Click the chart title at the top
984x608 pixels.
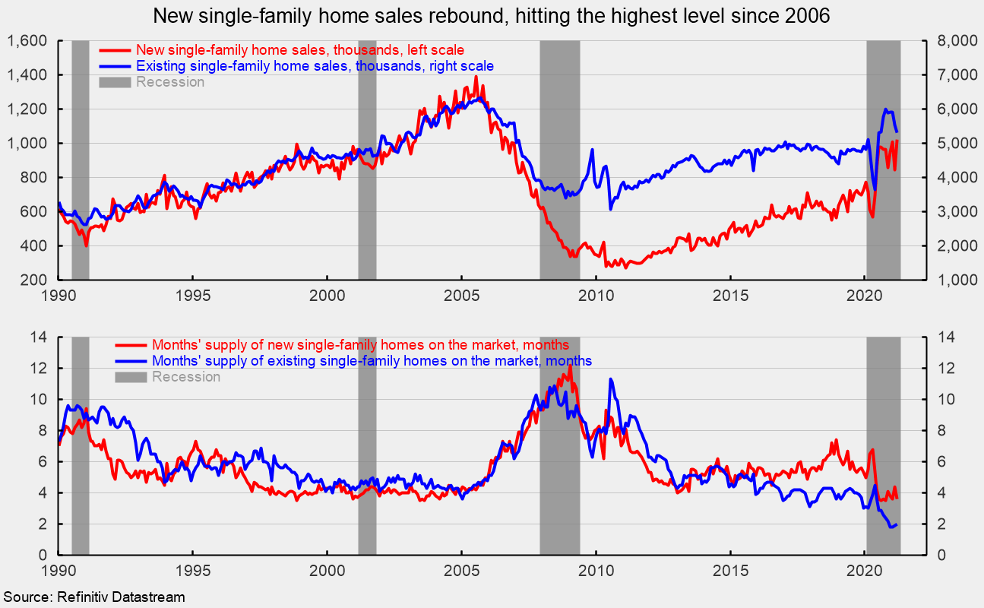coord(492,14)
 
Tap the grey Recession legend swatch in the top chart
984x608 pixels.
coord(116,82)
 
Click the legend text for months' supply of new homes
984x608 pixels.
coord(361,346)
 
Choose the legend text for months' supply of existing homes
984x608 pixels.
coord(372,360)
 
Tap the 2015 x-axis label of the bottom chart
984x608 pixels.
coord(730,569)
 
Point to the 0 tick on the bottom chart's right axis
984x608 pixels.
coord(938,556)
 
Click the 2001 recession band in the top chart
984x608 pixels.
coord(367,160)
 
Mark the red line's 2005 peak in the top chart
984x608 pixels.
coord(476,77)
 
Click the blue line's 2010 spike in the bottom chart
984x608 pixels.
coord(611,379)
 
